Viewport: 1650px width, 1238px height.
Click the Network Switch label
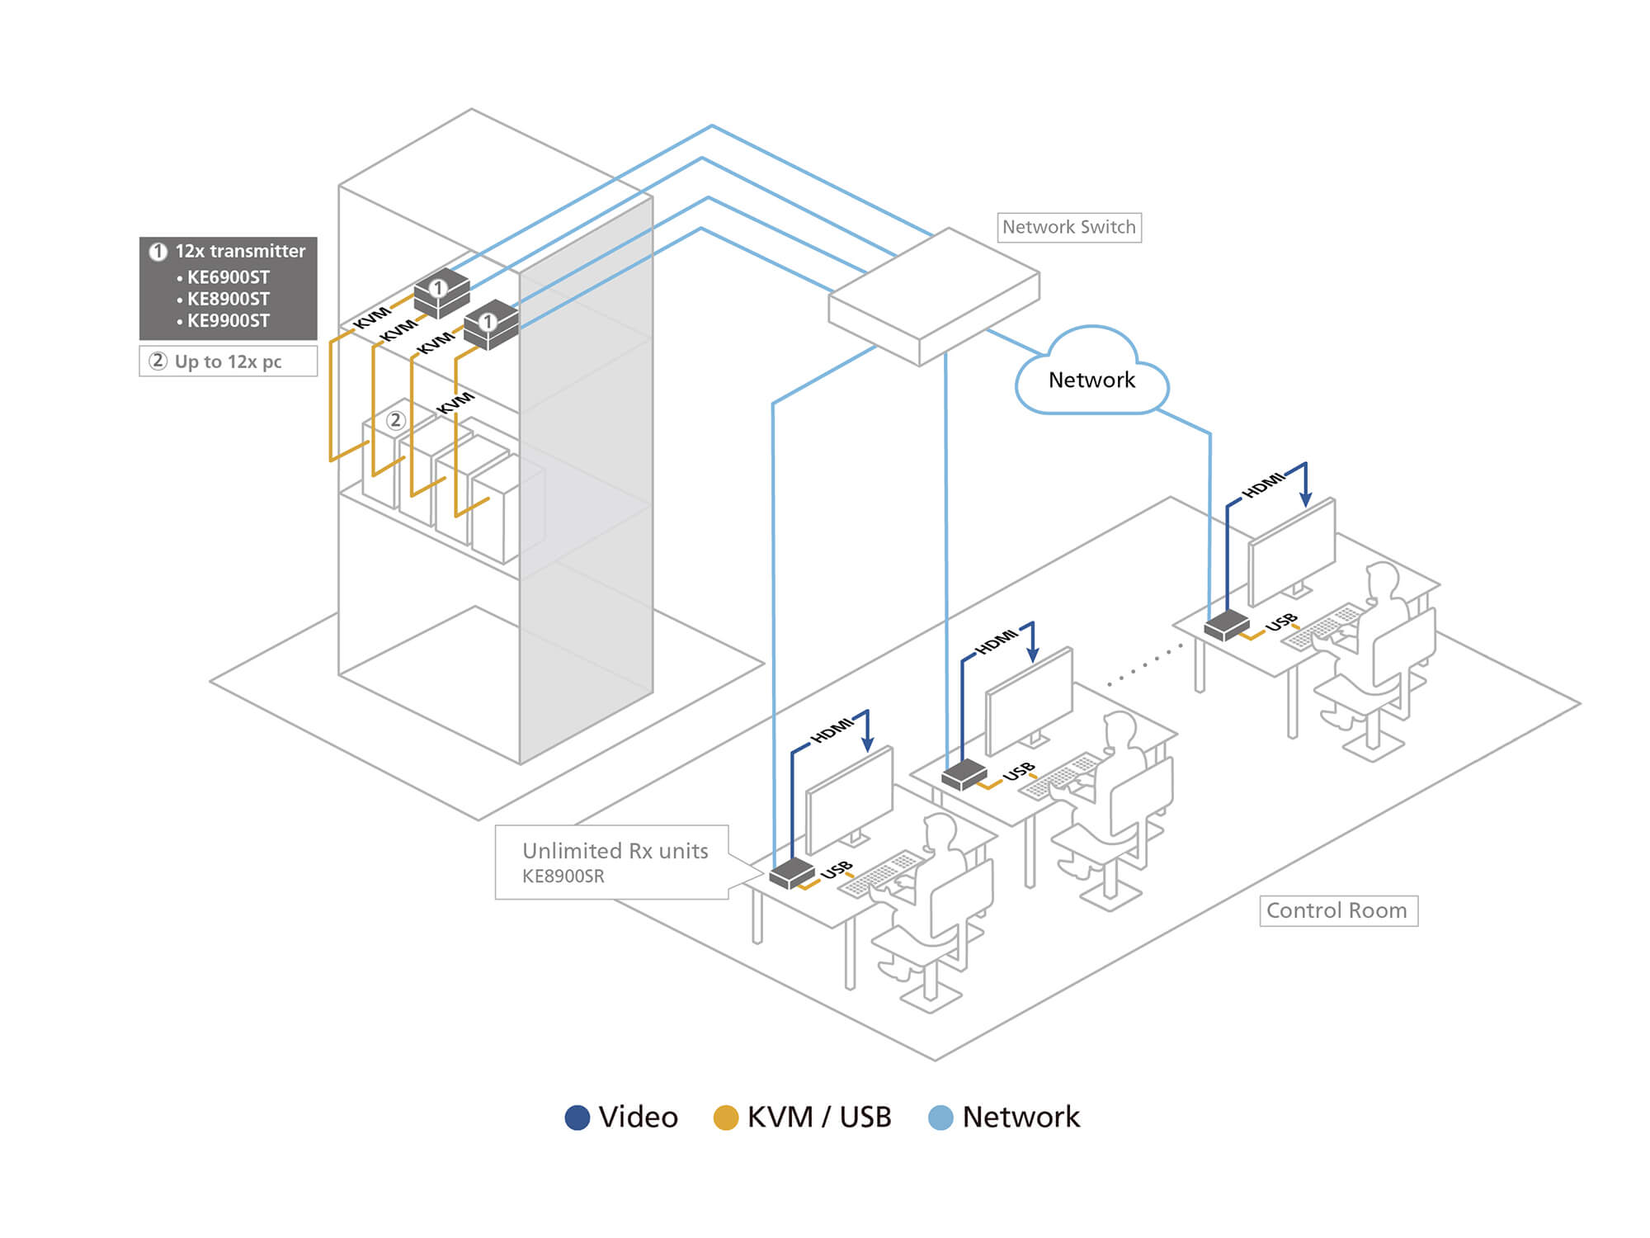pos(1068,227)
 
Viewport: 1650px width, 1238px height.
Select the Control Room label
pos(1337,910)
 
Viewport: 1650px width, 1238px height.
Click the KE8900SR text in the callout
pos(563,877)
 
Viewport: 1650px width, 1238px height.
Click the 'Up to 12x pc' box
pos(228,361)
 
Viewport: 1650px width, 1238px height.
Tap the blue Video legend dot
pos(577,1118)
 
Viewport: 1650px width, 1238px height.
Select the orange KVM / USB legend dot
pos(725,1118)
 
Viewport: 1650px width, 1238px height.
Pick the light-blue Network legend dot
pos(940,1118)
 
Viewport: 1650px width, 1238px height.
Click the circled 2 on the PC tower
pos(396,420)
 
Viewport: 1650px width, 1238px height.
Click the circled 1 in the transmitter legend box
pos(158,252)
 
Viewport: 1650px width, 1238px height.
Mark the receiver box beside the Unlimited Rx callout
pos(792,872)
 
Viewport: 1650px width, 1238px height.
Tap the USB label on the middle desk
pos(1019,771)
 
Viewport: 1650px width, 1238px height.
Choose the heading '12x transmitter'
pos(239,251)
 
